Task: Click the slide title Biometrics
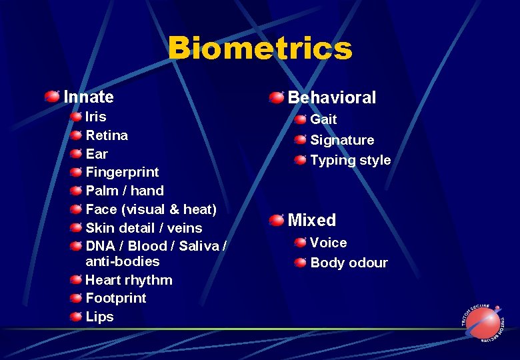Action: click(260, 49)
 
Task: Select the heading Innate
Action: click(89, 97)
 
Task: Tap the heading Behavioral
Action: click(331, 98)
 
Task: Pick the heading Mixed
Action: click(311, 220)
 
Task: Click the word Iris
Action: click(96, 117)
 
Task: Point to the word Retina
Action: click(107, 135)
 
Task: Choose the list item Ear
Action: click(97, 154)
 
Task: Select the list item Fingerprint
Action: click(122, 172)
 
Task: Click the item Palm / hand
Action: click(125, 191)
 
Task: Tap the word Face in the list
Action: click(101, 209)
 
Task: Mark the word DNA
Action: click(101, 246)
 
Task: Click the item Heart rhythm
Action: click(129, 280)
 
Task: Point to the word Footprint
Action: click(115, 298)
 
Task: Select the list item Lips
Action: click(100, 317)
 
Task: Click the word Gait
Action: click(323, 120)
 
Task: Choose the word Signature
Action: click(342, 140)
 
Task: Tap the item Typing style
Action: click(350, 160)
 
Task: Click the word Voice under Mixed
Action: click(328, 243)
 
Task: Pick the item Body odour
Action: click(349, 263)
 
